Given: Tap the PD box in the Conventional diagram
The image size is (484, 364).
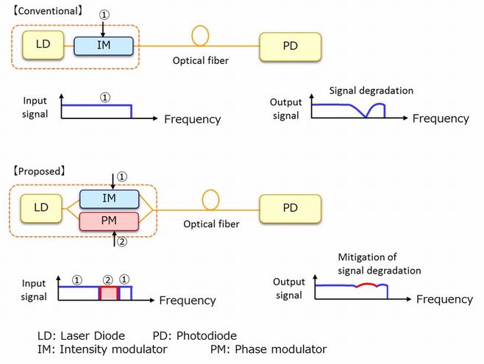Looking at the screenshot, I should (289, 46).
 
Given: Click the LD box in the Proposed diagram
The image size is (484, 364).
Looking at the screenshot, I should (41, 207).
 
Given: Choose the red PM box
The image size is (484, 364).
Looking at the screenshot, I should (108, 221).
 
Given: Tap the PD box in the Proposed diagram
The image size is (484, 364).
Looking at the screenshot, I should (289, 207).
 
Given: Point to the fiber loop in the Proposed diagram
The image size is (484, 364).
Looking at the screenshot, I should (212, 199).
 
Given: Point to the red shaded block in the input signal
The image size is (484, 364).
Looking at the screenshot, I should (108, 293).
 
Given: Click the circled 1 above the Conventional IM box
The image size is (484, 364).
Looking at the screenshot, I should (103, 13).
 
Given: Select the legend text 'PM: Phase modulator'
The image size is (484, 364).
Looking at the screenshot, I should (268, 349).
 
